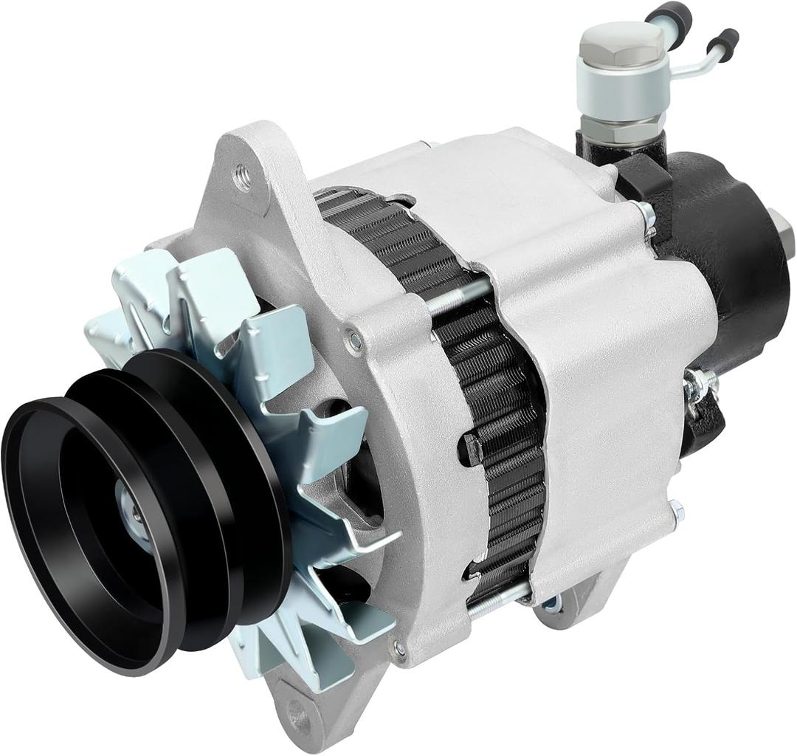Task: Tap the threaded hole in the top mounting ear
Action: click(x=242, y=176)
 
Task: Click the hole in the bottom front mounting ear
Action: click(x=299, y=714)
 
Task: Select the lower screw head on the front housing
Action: click(x=399, y=649)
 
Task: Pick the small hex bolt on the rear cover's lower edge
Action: click(x=675, y=509)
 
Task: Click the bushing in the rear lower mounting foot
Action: click(x=550, y=604)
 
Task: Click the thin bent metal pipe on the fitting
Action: click(x=697, y=63)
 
